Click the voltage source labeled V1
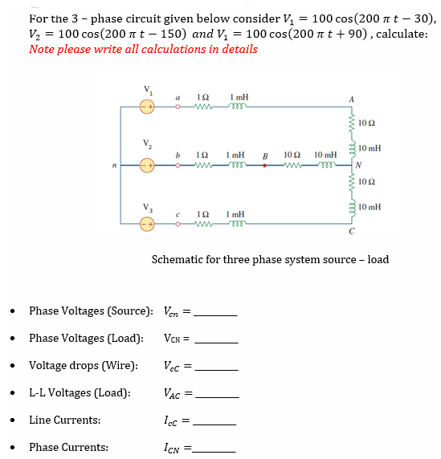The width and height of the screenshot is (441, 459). [147, 106]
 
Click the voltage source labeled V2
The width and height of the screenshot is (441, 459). [147, 166]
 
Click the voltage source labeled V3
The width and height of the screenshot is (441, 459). [147, 225]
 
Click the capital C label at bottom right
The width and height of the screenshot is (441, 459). [350, 234]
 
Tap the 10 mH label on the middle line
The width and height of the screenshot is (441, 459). [325, 154]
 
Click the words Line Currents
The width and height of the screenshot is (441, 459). [65, 420]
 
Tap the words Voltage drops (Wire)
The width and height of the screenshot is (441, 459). [84, 365]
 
